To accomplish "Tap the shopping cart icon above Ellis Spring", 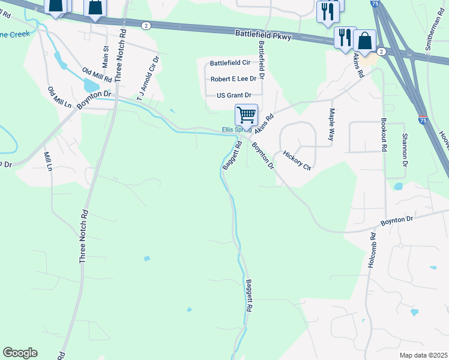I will [x=246, y=114].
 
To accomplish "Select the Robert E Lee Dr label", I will [x=233, y=79].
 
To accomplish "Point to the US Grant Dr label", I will [x=230, y=95].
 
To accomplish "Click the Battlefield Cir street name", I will [x=229, y=63].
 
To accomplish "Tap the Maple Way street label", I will [x=331, y=124].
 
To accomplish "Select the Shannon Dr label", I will [x=405, y=151].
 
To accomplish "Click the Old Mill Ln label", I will [x=59, y=97].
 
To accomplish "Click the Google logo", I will [x=20, y=353].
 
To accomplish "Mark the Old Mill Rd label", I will [x=97, y=75].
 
